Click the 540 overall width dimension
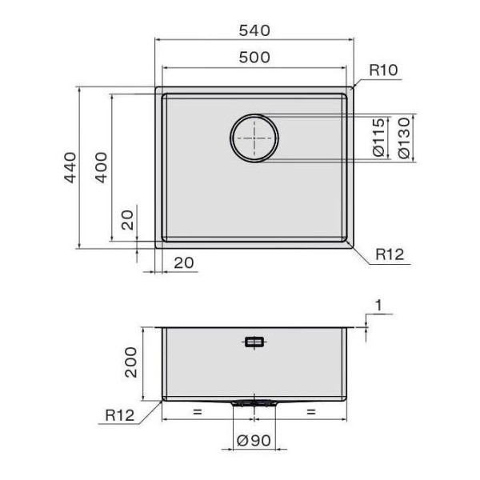254,30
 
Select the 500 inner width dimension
254,58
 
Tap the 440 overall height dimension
70,167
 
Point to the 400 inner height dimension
102,167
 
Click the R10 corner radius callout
383,70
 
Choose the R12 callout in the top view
390,254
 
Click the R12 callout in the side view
119,415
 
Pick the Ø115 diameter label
378,138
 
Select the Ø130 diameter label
404,138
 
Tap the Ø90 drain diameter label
254,441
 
